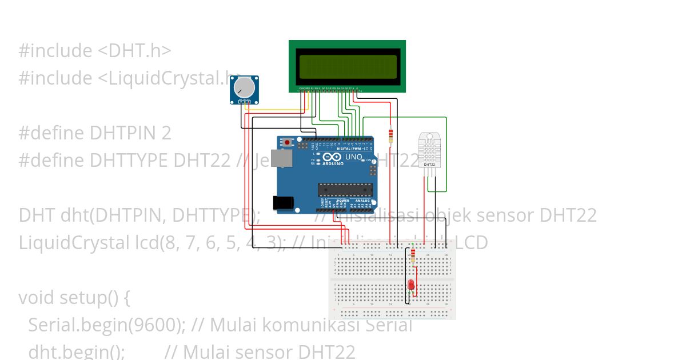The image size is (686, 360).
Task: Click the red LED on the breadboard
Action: (x=411, y=285)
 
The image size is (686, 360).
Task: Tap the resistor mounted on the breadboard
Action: (x=413, y=255)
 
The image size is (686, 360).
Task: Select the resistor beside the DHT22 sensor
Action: (x=390, y=136)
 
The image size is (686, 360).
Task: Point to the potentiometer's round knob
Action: (x=244, y=87)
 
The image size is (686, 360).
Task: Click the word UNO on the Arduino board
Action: (x=354, y=157)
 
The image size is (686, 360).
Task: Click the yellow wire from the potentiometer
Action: (x=274, y=109)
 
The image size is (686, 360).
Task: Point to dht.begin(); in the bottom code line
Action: (x=76, y=351)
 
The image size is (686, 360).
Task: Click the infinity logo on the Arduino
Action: (x=332, y=157)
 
